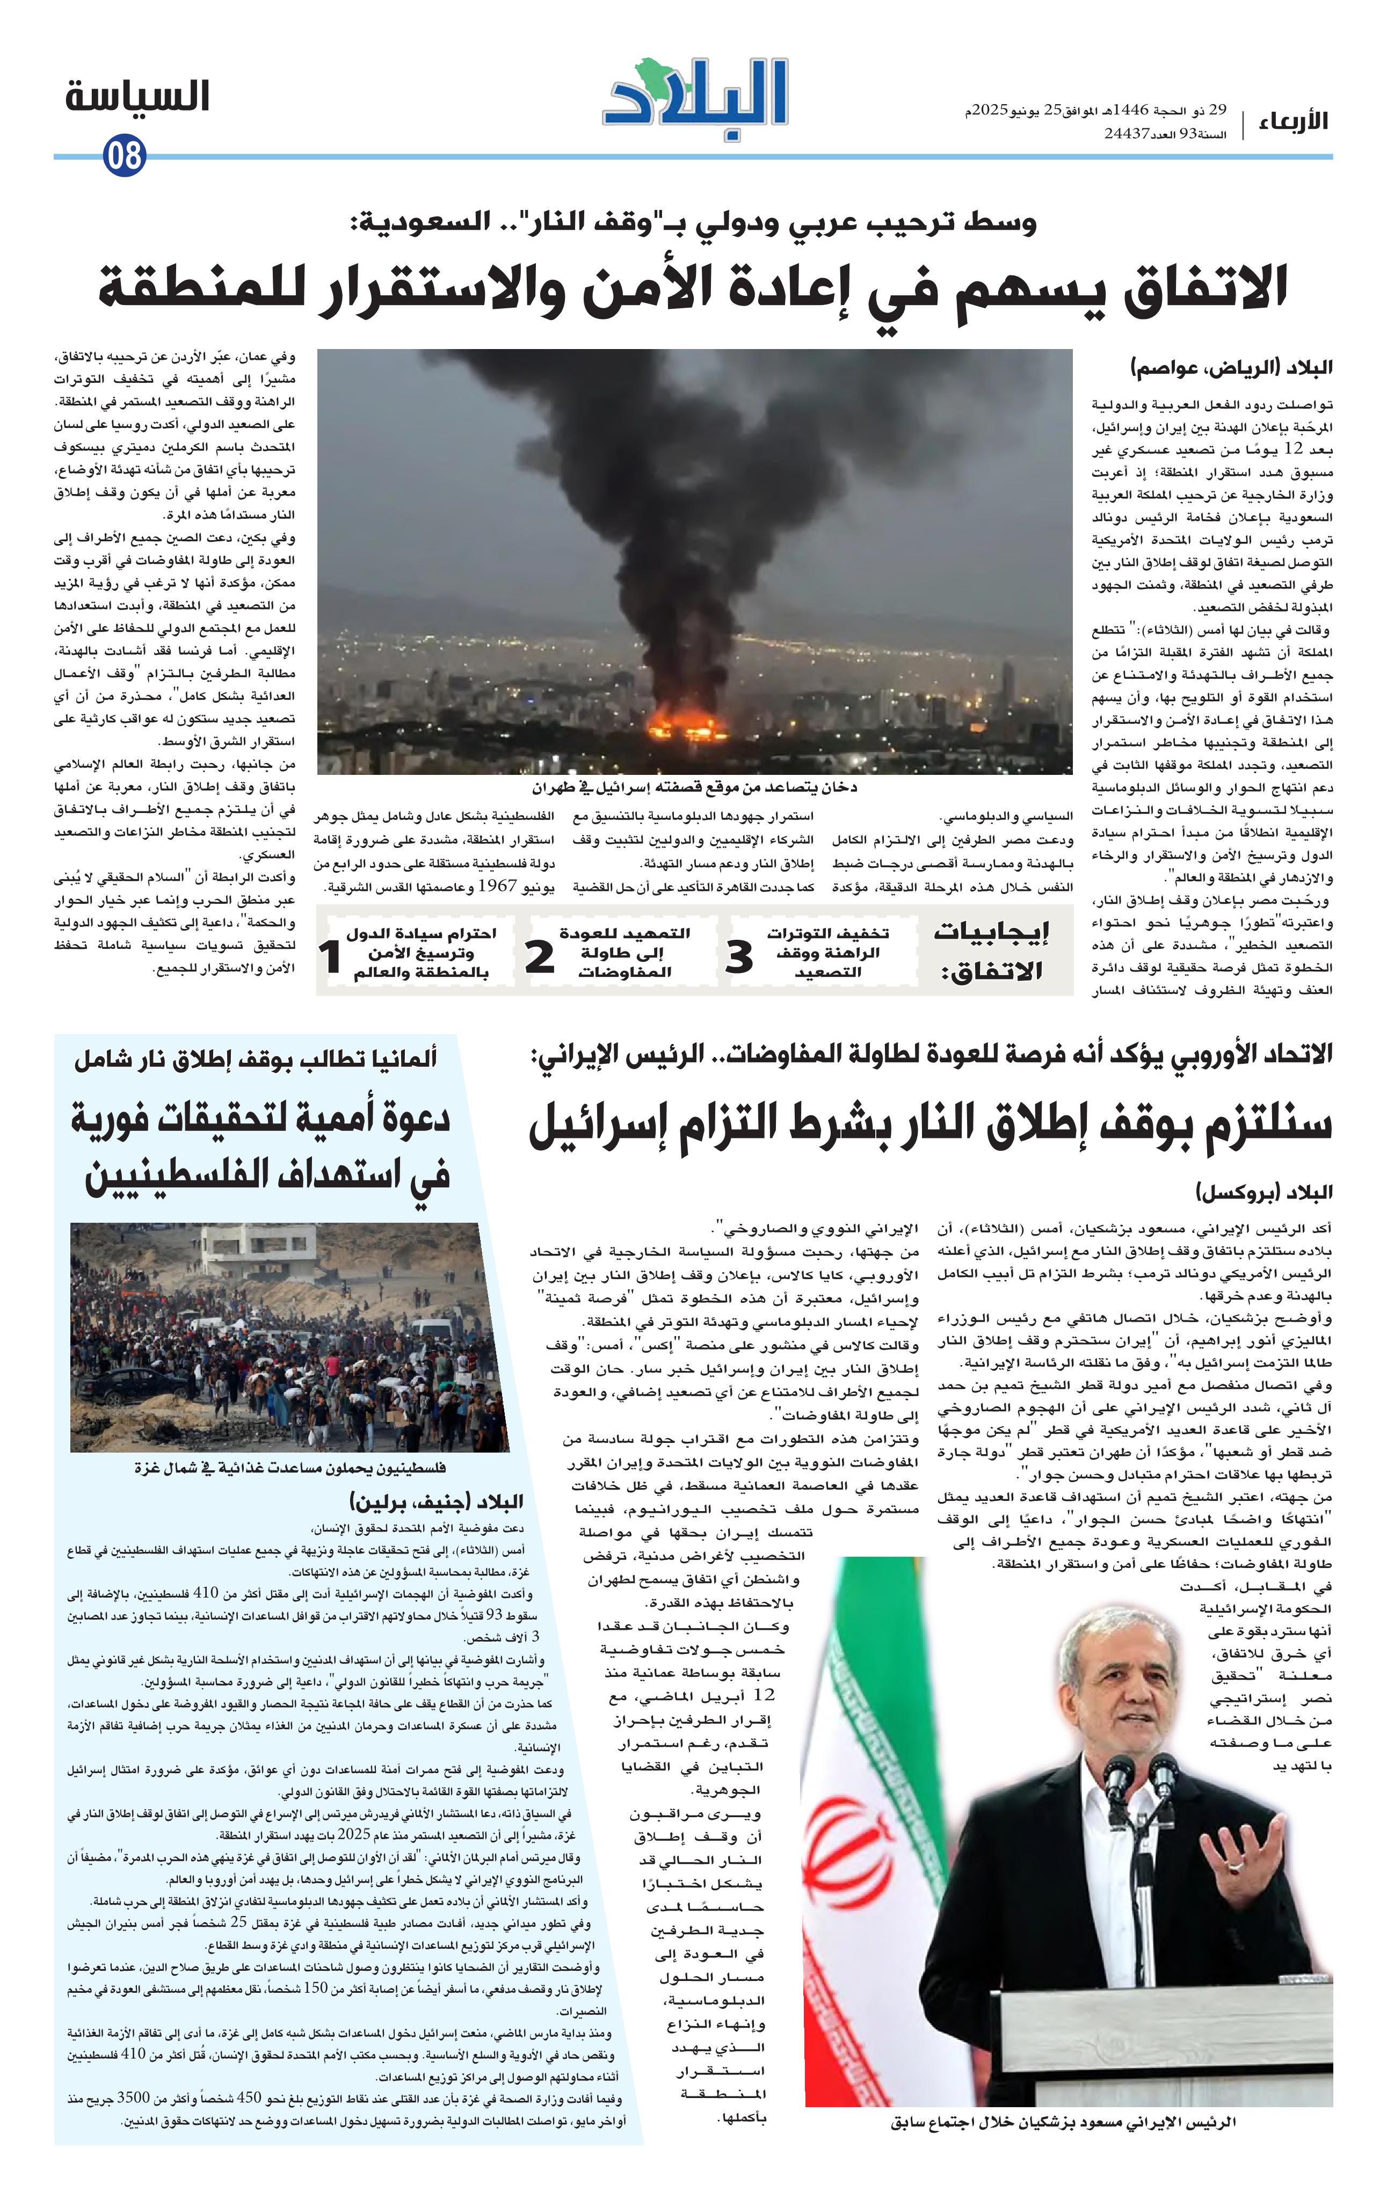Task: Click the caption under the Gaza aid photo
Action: [x=291, y=1469]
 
